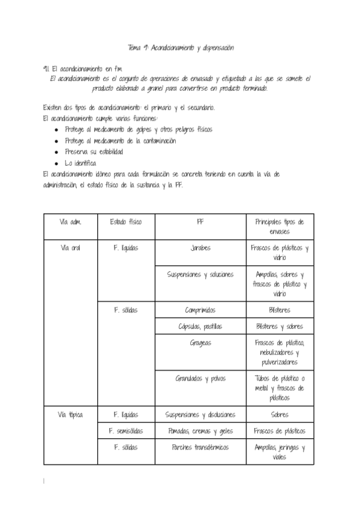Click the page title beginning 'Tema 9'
(180, 47)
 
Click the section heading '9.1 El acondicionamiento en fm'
(83, 68)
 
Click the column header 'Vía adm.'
(70, 221)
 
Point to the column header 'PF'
(200, 221)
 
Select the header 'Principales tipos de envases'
(280, 226)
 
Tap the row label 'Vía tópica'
(70, 414)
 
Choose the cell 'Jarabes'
(200, 248)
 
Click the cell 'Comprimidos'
(200, 310)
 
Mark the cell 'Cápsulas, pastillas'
(200, 327)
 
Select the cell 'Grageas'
(200, 343)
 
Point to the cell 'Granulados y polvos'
(200, 379)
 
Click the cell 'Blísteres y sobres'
(280, 327)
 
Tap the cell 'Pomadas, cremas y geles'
(200, 431)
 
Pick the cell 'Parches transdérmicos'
(200, 447)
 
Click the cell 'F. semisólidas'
(125, 431)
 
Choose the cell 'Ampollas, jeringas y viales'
(280, 452)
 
